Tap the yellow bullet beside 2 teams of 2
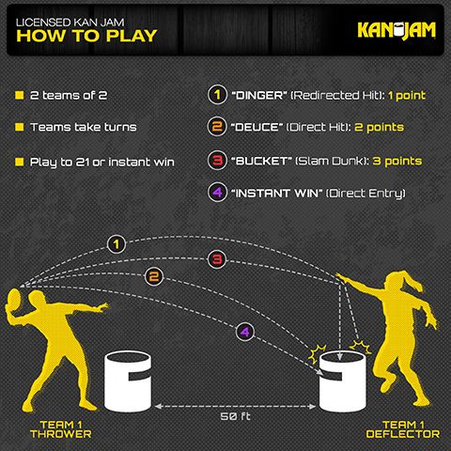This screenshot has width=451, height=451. [19, 95]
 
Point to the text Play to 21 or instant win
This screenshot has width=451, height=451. [102, 162]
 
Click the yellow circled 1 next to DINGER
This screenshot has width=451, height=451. [215, 95]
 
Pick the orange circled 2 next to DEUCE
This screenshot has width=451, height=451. [215, 127]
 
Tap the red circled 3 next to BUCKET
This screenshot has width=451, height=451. [215, 160]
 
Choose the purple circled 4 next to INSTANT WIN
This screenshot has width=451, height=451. [215, 193]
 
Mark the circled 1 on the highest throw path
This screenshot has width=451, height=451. [117, 244]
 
